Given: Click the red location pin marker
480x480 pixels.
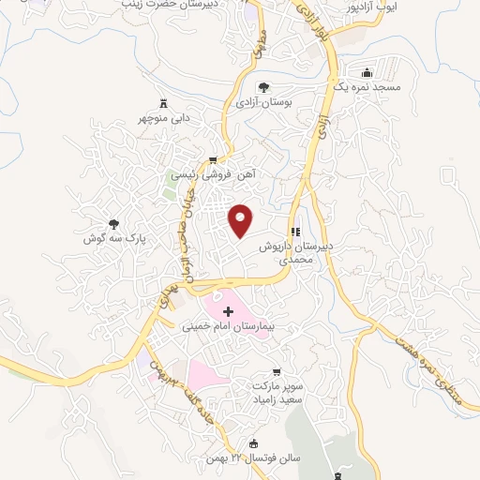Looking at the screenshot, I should point(242,219).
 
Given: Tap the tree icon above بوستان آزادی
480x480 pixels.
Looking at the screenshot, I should point(274,86).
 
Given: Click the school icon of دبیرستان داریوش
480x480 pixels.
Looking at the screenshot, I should point(296,232).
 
